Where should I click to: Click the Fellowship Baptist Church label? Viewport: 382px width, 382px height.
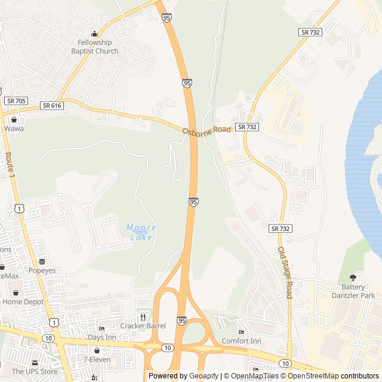coord(94,47)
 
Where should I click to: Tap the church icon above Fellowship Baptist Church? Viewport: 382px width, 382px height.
coord(94,33)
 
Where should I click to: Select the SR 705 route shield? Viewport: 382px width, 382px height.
coord(16,101)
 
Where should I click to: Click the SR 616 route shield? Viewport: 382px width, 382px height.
coord(52,105)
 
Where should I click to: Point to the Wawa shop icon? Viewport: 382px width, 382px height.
coord(14,119)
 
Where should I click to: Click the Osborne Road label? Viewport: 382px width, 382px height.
coord(207,131)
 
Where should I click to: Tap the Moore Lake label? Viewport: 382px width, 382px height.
coord(141,232)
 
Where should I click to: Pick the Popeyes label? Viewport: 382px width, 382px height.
coord(42,270)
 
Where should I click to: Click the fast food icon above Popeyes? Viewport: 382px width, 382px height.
coord(42,261)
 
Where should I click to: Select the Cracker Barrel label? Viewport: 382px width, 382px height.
coord(143,326)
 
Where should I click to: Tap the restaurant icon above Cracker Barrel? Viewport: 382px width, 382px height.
coord(143,317)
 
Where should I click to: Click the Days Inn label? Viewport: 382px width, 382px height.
coord(102,337)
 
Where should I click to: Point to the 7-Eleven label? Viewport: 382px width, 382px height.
coord(97,359)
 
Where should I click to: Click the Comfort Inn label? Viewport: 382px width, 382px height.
coord(241,341)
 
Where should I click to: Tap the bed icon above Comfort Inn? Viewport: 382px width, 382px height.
coord(241,332)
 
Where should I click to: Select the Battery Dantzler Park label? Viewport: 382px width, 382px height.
coord(353,291)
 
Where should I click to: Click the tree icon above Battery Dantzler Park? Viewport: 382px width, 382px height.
coord(353,278)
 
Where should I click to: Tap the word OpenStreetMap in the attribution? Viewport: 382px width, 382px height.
coord(313,376)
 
